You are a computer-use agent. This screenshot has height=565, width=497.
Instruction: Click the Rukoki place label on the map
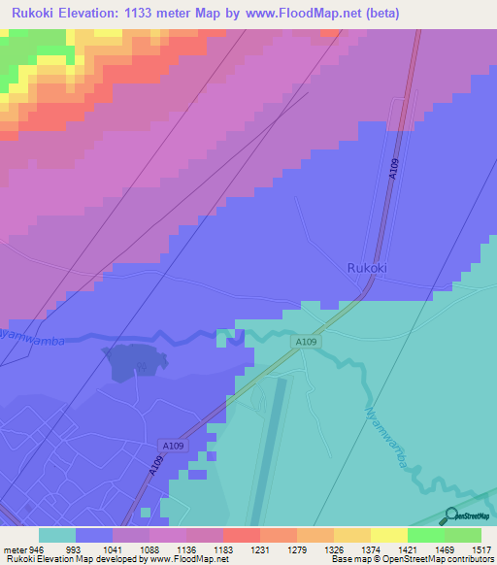(x=370, y=267)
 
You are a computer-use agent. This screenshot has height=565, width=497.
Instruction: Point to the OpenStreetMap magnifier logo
(x=451, y=516)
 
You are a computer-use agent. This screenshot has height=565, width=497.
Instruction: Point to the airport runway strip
(x=269, y=447)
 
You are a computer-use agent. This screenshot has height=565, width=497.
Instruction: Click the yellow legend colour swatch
(x=388, y=535)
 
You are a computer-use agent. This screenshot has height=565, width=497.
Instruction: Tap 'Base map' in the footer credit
(x=348, y=560)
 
